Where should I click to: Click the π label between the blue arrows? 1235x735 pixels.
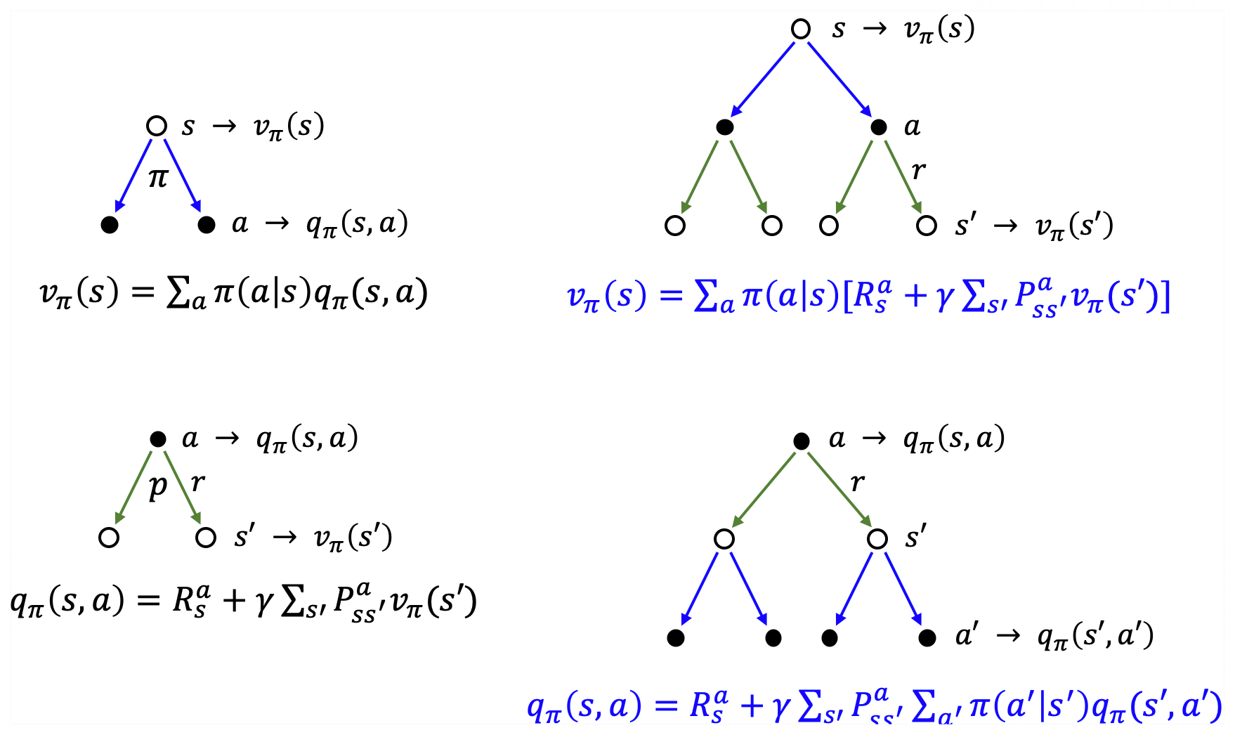point(158,178)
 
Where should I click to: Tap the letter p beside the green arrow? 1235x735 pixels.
point(159,486)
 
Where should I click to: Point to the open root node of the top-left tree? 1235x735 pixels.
point(157,126)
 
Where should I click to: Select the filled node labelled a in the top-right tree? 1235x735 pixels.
point(879,127)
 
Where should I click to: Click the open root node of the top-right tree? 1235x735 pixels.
point(801,29)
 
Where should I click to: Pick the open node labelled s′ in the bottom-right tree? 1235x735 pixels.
point(877,539)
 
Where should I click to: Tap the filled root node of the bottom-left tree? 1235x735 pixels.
point(158,440)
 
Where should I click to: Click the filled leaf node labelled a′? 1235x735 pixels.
point(927,638)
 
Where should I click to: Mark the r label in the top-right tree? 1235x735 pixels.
point(918,170)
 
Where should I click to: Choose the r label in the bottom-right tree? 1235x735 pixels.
point(857,482)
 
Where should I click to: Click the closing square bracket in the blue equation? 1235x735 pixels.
point(1165,297)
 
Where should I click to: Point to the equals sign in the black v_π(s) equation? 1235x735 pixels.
point(143,293)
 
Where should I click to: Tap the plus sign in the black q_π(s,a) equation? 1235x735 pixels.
point(234,601)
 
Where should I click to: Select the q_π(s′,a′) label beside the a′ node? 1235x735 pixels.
point(1095,637)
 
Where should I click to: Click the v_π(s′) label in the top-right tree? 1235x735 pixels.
point(1074,226)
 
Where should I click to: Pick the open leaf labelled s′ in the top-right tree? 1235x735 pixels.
point(927,226)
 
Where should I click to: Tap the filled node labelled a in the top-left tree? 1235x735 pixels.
point(206,225)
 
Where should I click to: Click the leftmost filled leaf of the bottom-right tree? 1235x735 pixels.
point(676,638)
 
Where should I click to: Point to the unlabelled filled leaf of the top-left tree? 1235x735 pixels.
point(110,225)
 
